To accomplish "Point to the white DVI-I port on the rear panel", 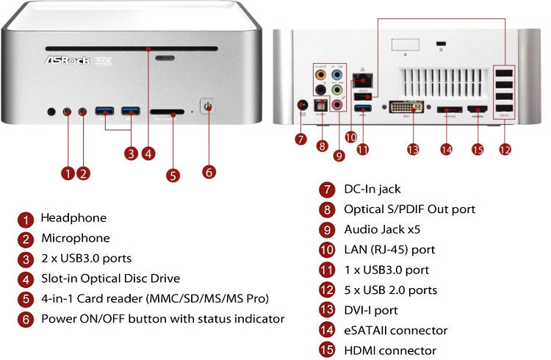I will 406,108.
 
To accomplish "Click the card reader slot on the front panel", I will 168,113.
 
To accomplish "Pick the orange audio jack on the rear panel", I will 320,74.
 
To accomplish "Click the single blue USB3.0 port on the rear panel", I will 362,109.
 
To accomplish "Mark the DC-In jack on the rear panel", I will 301,106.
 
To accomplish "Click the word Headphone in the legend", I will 73,218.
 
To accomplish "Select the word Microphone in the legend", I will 76,238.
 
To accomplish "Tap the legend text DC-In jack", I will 372,189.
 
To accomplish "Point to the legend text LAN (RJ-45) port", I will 389,250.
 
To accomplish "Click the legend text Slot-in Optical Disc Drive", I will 110,278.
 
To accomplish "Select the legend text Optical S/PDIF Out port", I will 409,209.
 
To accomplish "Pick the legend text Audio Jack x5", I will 382,229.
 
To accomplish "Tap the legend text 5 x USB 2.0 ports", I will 390,290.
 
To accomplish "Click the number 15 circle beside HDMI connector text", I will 327,351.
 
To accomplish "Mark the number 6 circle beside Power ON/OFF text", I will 26,319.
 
